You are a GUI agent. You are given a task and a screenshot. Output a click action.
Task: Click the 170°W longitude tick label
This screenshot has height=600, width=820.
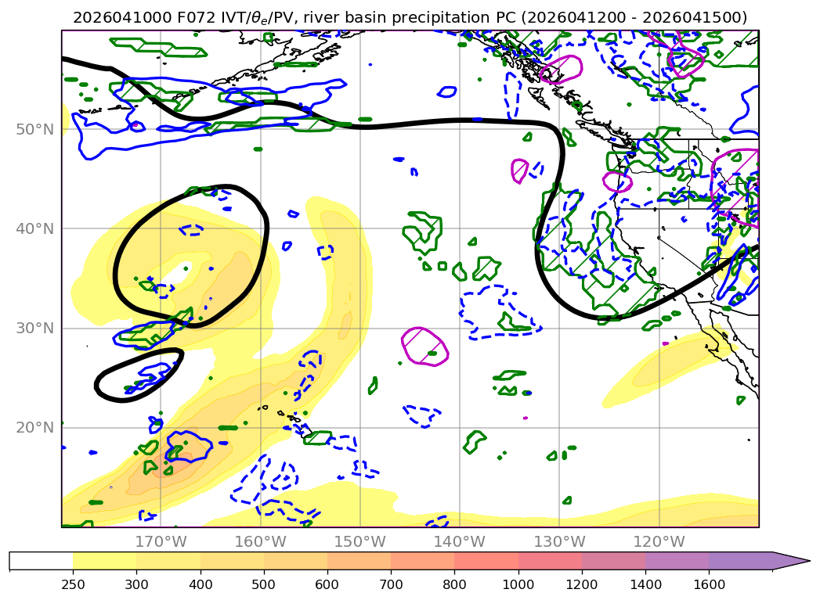coord(161,541)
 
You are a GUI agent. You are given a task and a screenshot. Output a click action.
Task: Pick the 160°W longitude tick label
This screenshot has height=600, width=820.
coord(260,541)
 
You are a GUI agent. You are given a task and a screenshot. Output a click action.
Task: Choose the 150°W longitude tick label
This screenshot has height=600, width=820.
coord(359,541)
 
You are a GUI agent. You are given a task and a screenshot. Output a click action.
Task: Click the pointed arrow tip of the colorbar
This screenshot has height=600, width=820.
coord(807,560)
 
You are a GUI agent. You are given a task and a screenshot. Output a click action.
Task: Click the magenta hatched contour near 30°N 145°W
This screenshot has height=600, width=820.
coord(424,347)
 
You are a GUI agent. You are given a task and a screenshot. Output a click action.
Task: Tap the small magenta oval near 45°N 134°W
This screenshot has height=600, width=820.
coord(519,170)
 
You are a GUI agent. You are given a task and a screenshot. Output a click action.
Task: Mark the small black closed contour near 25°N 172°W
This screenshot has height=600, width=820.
coord(139,375)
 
